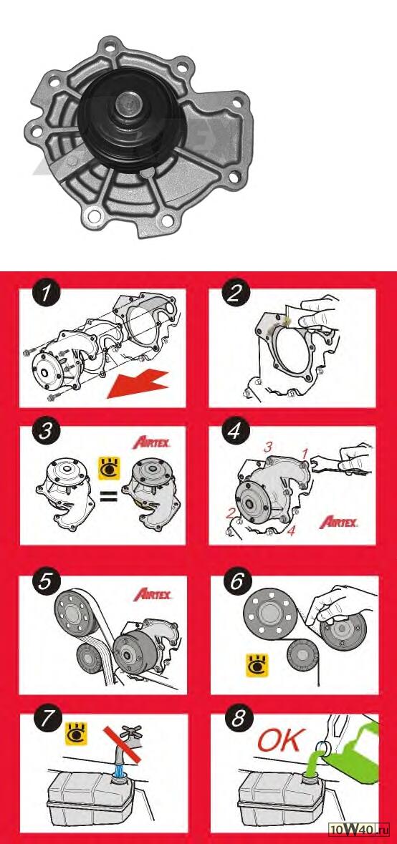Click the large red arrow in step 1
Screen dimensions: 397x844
138,383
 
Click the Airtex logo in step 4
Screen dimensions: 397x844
339,521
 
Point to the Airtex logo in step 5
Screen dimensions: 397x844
153,594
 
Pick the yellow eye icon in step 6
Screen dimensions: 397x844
257,665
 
